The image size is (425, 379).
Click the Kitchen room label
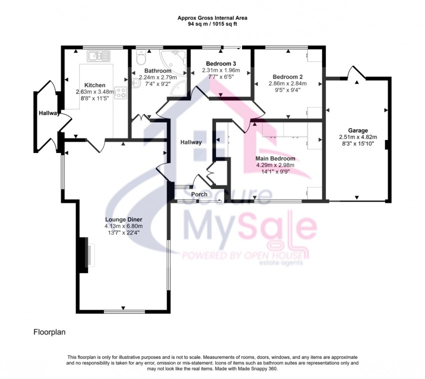[94, 85]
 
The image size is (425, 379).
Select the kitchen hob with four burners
[120, 92]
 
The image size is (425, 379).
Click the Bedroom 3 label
[220, 63]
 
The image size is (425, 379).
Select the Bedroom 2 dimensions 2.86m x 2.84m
[287, 83]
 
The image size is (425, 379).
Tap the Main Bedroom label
[274, 158]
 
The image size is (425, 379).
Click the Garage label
[357, 130]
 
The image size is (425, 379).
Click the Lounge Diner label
[123, 219]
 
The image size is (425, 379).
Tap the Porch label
[199, 194]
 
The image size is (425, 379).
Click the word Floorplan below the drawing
[49, 331]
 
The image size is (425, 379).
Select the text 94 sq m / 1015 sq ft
[212, 23]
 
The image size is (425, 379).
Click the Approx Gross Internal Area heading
[212, 17]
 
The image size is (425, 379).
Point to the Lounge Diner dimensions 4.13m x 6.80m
[123, 226]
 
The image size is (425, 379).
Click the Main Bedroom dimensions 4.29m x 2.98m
[274, 165]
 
